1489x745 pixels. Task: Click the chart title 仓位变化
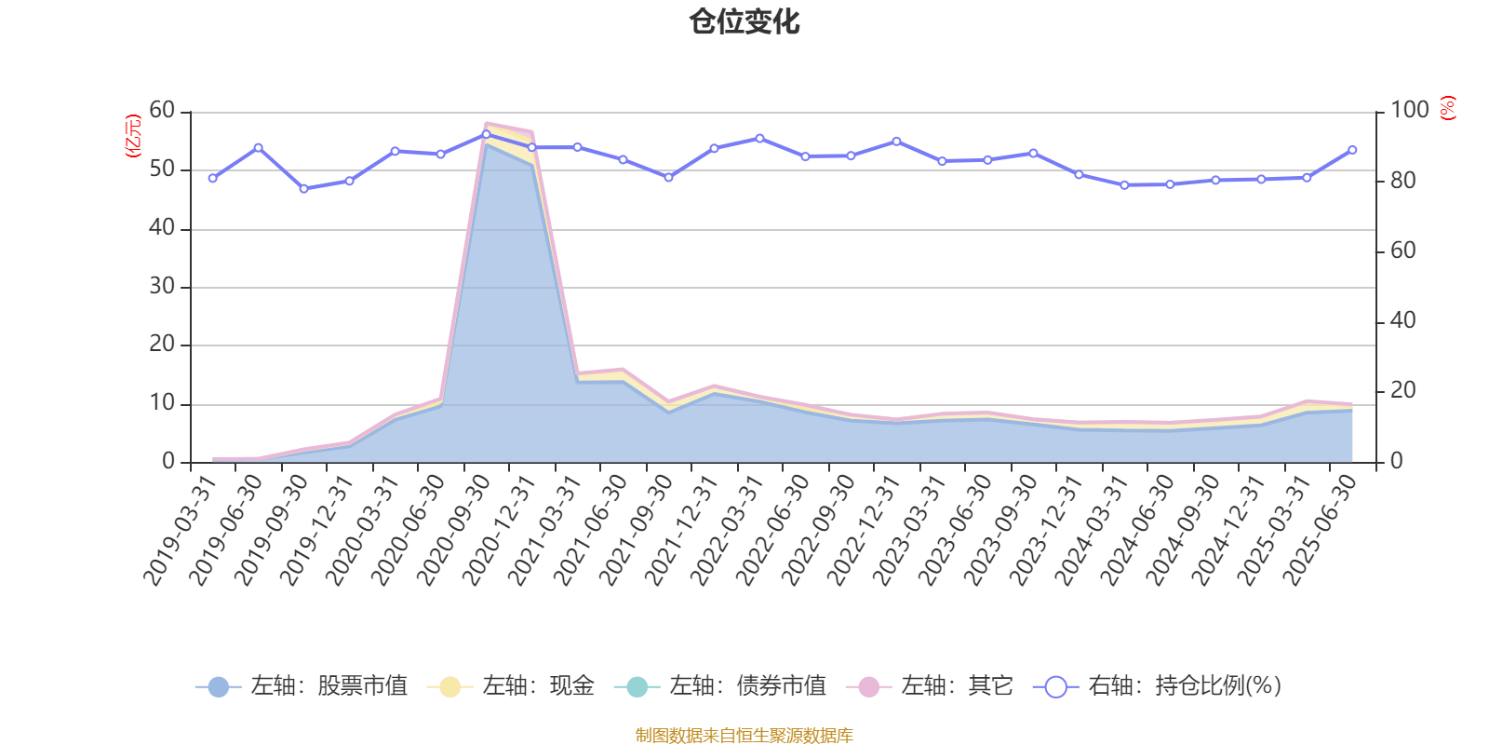coord(744,21)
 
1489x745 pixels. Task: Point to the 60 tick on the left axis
coord(162,111)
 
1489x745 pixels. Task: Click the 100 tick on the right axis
coord(1409,111)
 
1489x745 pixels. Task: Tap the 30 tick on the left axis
coord(162,287)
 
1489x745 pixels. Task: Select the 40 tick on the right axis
coord(1402,321)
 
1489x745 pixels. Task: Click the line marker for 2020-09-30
coord(486,134)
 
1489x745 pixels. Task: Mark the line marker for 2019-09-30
coord(303,189)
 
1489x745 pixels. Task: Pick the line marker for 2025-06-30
coord(1352,150)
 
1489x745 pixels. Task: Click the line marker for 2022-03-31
coord(759,139)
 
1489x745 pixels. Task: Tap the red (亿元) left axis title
coord(133,136)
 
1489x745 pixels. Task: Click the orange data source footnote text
coord(744,736)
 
